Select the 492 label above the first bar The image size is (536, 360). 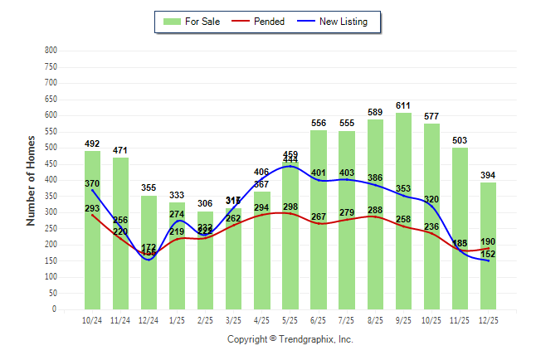pos(92,144)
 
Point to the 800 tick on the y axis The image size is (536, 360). pos(51,51)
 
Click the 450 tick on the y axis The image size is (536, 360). pos(51,163)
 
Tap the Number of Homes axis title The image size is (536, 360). pos(32,180)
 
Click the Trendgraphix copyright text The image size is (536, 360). pos(290,339)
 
